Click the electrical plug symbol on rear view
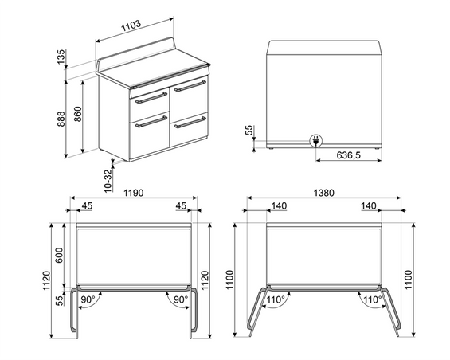[x=316, y=141]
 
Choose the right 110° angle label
[x=370, y=300]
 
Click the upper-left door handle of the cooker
[x=150, y=100]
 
